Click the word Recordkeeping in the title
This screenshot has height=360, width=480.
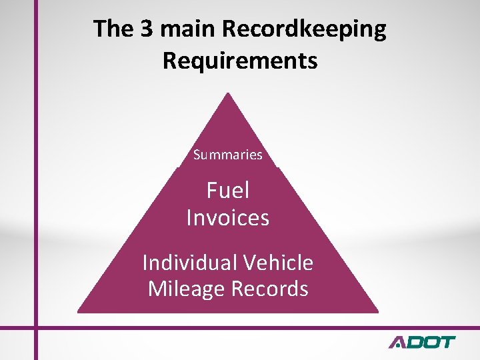click(304, 30)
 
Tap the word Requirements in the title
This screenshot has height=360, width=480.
click(240, 61)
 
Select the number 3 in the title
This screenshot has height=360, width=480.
click(144, 30)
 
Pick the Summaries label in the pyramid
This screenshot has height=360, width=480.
click(228, 155)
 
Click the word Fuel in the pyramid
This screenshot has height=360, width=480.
click(228, 191)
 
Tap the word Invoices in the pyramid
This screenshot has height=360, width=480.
click(228, 218)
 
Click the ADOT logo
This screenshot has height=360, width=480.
click(422, 343)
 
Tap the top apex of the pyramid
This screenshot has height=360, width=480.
click(228, 93)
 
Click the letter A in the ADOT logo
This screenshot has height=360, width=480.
click(399, 343)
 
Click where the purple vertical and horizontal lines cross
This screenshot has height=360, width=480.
click(35, 327)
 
